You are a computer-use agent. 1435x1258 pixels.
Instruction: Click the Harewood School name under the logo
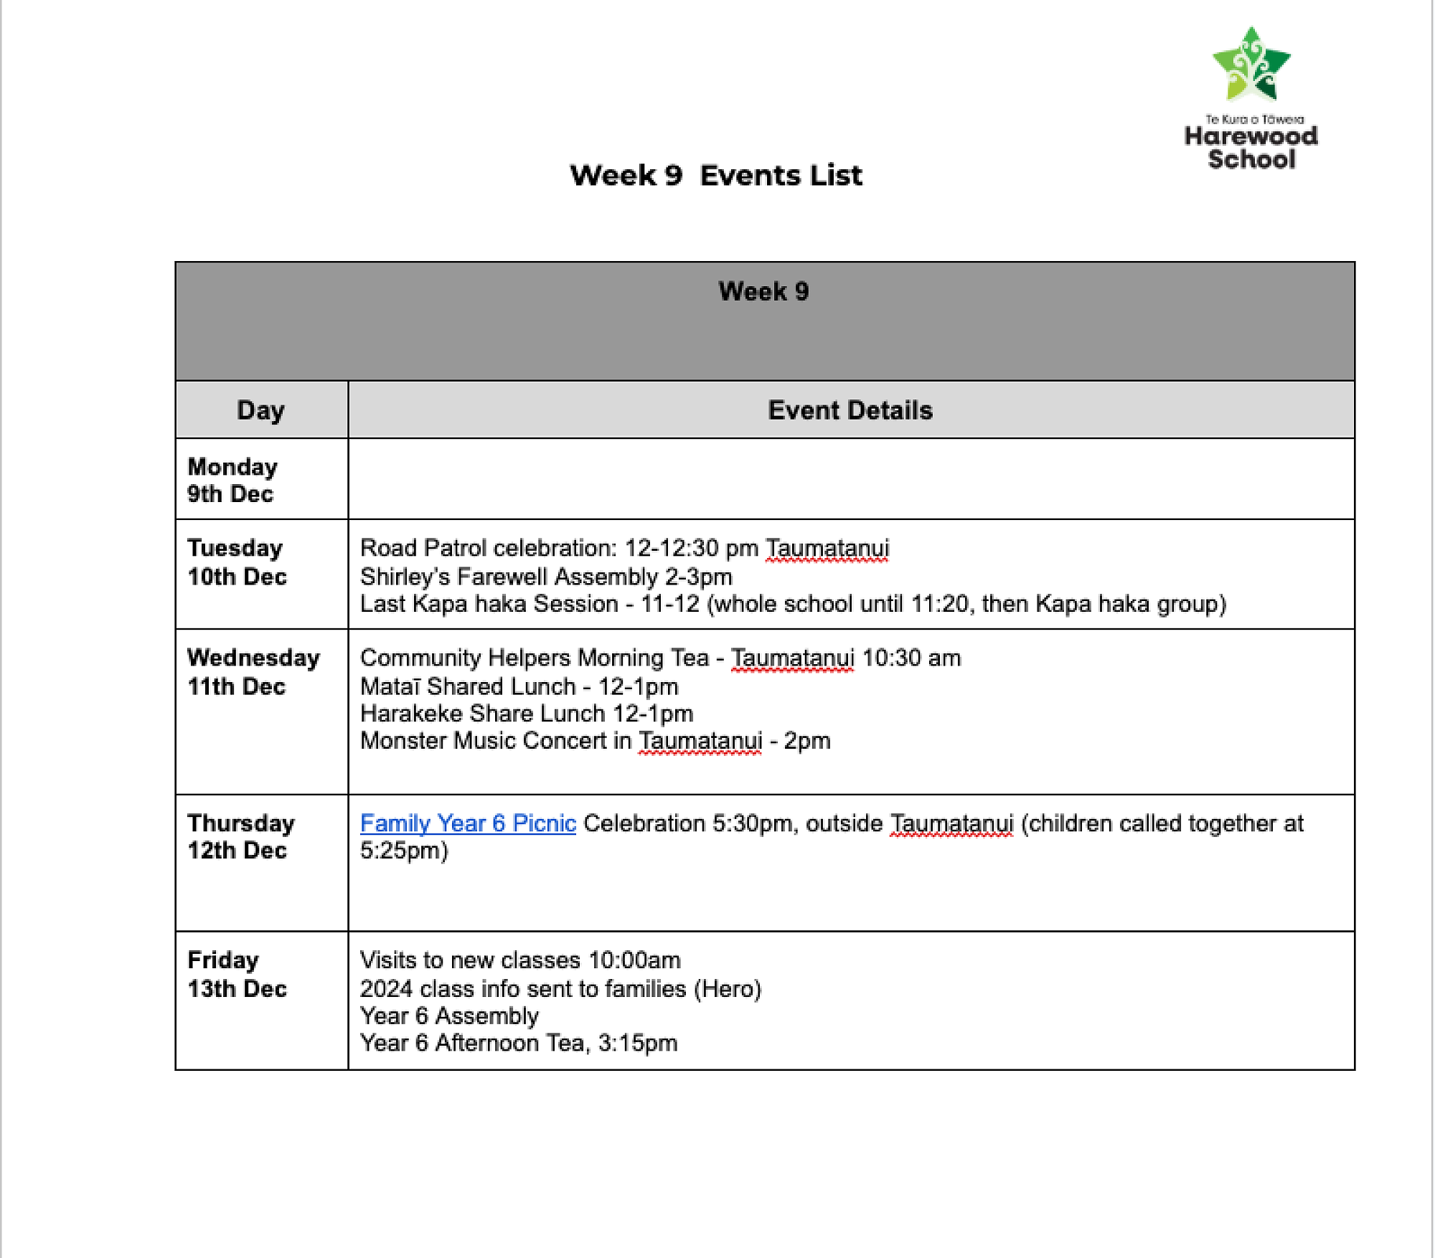1251,147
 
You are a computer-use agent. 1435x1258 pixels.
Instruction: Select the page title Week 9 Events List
715,176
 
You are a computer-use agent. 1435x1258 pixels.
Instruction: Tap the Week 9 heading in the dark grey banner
763,291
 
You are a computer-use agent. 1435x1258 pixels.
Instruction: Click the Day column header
260,410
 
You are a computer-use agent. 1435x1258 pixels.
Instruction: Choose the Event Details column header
850,410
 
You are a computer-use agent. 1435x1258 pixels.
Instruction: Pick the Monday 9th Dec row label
232,480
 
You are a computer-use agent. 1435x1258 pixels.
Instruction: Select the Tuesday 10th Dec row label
236,562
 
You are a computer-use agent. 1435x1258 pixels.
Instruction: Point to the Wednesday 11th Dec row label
253,671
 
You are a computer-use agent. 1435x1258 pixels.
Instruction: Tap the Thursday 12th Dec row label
240,836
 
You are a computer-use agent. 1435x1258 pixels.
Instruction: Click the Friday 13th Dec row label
236,974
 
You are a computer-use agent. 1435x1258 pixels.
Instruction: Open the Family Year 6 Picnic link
468,823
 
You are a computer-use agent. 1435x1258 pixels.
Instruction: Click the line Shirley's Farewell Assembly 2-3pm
545,577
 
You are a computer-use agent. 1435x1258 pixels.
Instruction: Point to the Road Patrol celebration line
624,548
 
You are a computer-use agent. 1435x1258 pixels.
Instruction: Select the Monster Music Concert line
595,740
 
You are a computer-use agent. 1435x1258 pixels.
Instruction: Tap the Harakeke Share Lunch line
526,714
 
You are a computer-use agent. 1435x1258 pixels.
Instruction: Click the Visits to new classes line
519,960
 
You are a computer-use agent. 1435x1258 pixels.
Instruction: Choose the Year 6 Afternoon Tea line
518,1043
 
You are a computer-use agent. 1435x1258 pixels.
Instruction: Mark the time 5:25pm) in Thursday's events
404,851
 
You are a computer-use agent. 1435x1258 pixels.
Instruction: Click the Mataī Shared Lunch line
519,686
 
